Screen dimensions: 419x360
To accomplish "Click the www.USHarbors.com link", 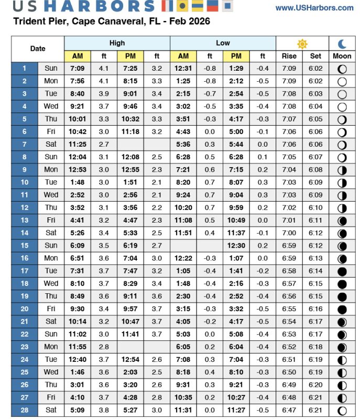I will coord(314,8).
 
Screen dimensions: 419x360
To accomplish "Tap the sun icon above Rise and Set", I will coord(302,43).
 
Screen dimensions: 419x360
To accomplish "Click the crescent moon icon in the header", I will coord(342,43).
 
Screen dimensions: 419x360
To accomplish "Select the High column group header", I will coord(117,43).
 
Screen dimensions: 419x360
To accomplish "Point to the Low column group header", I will coord(223,43).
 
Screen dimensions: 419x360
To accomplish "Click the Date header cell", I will coord(38,49).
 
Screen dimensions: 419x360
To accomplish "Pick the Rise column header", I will coord(289,56).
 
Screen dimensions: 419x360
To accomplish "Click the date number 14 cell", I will coord(25,233).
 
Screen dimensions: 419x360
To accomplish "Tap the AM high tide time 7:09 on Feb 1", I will coord(78,69).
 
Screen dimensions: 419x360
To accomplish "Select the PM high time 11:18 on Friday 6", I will coord(130,131).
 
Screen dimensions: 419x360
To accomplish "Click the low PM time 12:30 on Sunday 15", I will coord(236,245).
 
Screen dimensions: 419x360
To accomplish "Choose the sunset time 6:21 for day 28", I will coord(315,410).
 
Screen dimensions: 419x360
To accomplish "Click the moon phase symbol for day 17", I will coord(342,271).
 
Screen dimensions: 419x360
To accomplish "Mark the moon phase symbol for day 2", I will coord(342,81).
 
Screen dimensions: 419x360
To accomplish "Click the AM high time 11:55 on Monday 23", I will coord(78,346).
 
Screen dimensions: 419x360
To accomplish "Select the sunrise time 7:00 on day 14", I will coord(289,233).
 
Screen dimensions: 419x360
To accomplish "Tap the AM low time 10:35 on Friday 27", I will coord(183,397).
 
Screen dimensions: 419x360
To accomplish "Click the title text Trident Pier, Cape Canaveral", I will coord(79,21).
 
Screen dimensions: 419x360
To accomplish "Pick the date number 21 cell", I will coord(25,321).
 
